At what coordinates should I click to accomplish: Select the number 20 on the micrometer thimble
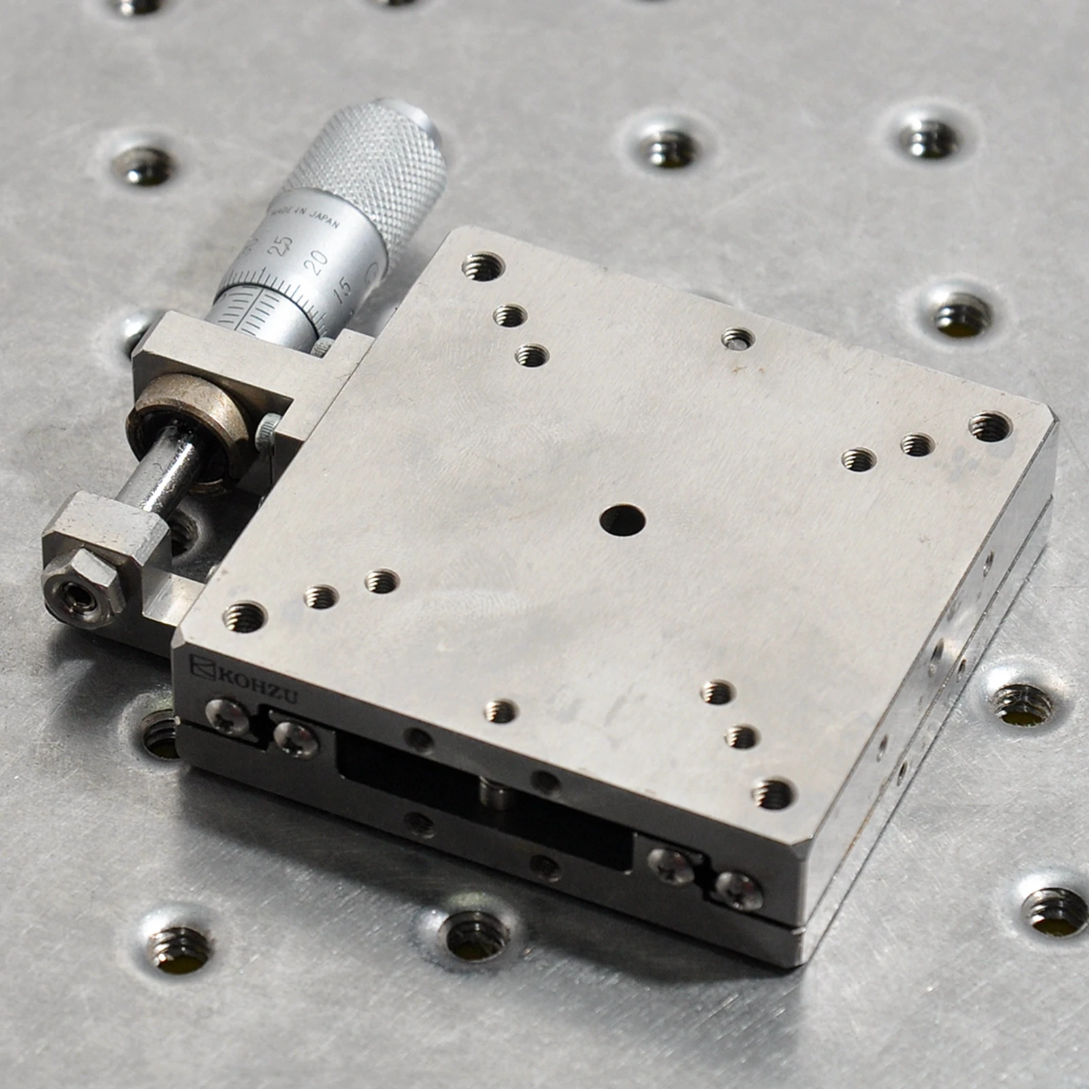point(316,261)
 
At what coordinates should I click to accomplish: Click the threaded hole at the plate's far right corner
point(991,426)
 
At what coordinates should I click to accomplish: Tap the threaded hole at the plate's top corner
point(483,266)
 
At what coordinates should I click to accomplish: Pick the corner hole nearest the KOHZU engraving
point(244,616)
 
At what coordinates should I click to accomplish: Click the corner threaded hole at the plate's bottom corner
point(775,793)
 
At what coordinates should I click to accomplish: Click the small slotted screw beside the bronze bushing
point(267,432)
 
